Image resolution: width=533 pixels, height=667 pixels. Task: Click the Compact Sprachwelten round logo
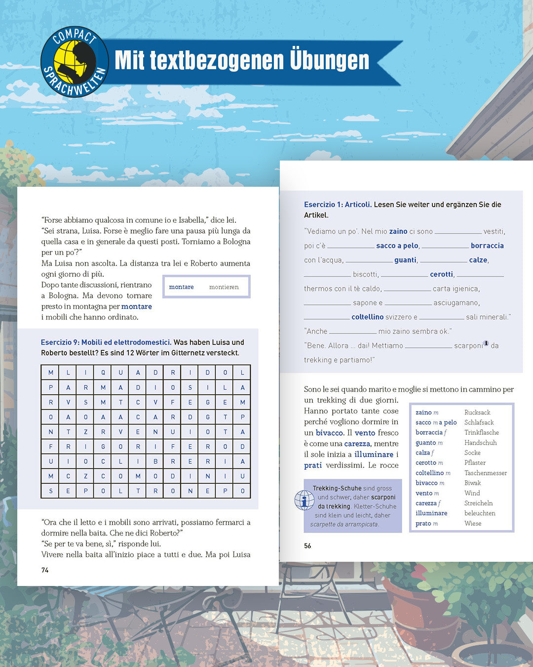point(75,62)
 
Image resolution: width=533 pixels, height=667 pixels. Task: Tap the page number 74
point(45,570)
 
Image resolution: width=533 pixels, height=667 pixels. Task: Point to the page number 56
point(307,546)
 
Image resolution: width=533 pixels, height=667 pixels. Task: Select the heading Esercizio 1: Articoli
point(338,205)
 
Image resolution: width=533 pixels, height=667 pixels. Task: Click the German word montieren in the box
point(224,287)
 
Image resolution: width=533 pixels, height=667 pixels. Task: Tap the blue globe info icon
point(304,500)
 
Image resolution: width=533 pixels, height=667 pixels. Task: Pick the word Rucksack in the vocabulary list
point(477,413)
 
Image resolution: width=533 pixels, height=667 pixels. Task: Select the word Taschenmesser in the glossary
point(486,473)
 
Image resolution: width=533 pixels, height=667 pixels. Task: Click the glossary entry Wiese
point(473,523)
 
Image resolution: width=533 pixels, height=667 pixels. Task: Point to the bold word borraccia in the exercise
point(487,246)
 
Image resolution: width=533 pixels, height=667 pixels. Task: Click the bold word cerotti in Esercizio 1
point(441,274)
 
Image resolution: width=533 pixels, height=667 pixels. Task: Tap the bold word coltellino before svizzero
point(367,317)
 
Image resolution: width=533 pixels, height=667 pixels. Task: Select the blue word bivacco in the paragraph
point(329,433)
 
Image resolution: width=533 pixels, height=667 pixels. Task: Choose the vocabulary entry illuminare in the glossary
point(431,513)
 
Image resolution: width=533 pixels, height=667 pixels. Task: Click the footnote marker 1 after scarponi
point(486,343)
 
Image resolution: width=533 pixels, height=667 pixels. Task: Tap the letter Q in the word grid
point(103,373)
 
